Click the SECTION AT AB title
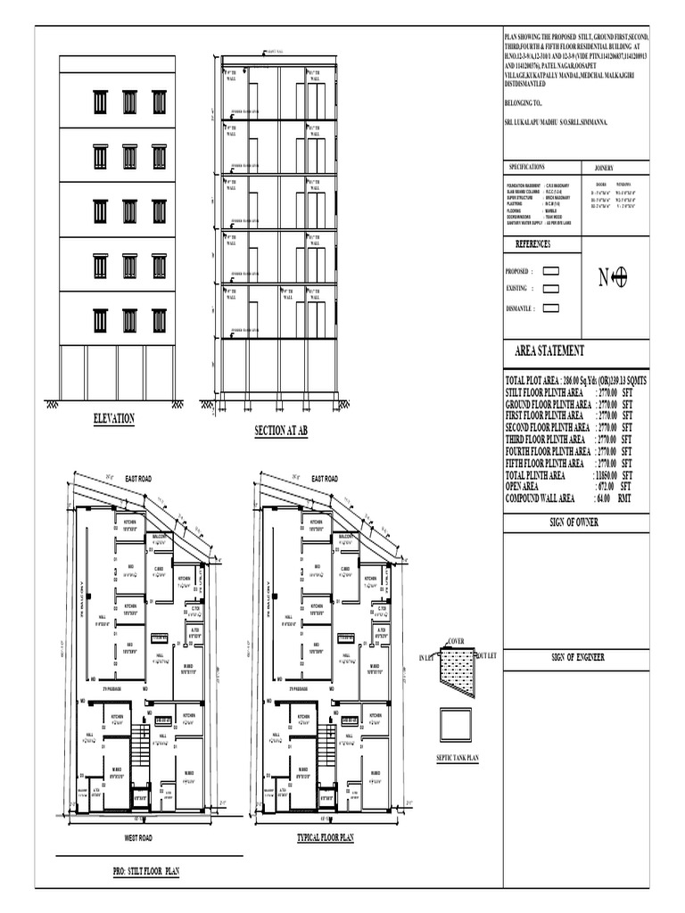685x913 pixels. (281, 431)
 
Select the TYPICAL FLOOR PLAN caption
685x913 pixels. (326, 838)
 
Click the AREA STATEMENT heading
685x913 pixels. (549, 351)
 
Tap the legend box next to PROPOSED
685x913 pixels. (550, 270)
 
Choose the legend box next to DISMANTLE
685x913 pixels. (550, 308)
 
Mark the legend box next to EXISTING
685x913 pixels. (550, 289)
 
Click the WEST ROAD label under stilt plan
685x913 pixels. (138, 838)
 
